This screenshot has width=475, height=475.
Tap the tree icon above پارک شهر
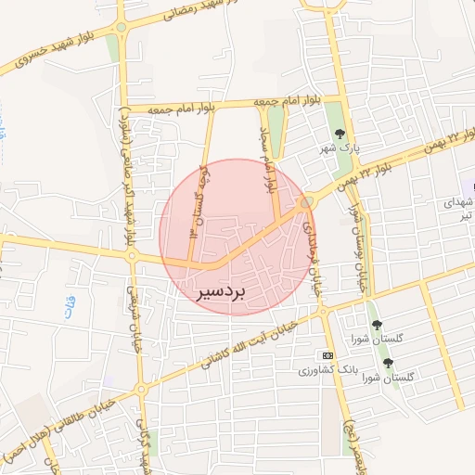pyautogui.click(x=340, y=133)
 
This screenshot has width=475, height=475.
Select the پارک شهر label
pyautogui.click(x=340, y=148)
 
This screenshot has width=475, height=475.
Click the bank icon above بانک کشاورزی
pyautogui.click(x=327, y=355)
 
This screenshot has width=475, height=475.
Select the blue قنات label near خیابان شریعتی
pyautogui.click(x=71, y=307)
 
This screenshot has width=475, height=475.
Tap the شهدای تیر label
pyautogui.click(x=460, y=209)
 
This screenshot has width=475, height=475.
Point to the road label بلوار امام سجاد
pyautogui.click(x=268, y=158)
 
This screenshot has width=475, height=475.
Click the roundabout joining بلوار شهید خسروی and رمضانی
pyautogui.click(x=120, y=28)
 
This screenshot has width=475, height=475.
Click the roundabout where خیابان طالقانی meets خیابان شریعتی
pyautogui.click(x=142, y=389)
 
